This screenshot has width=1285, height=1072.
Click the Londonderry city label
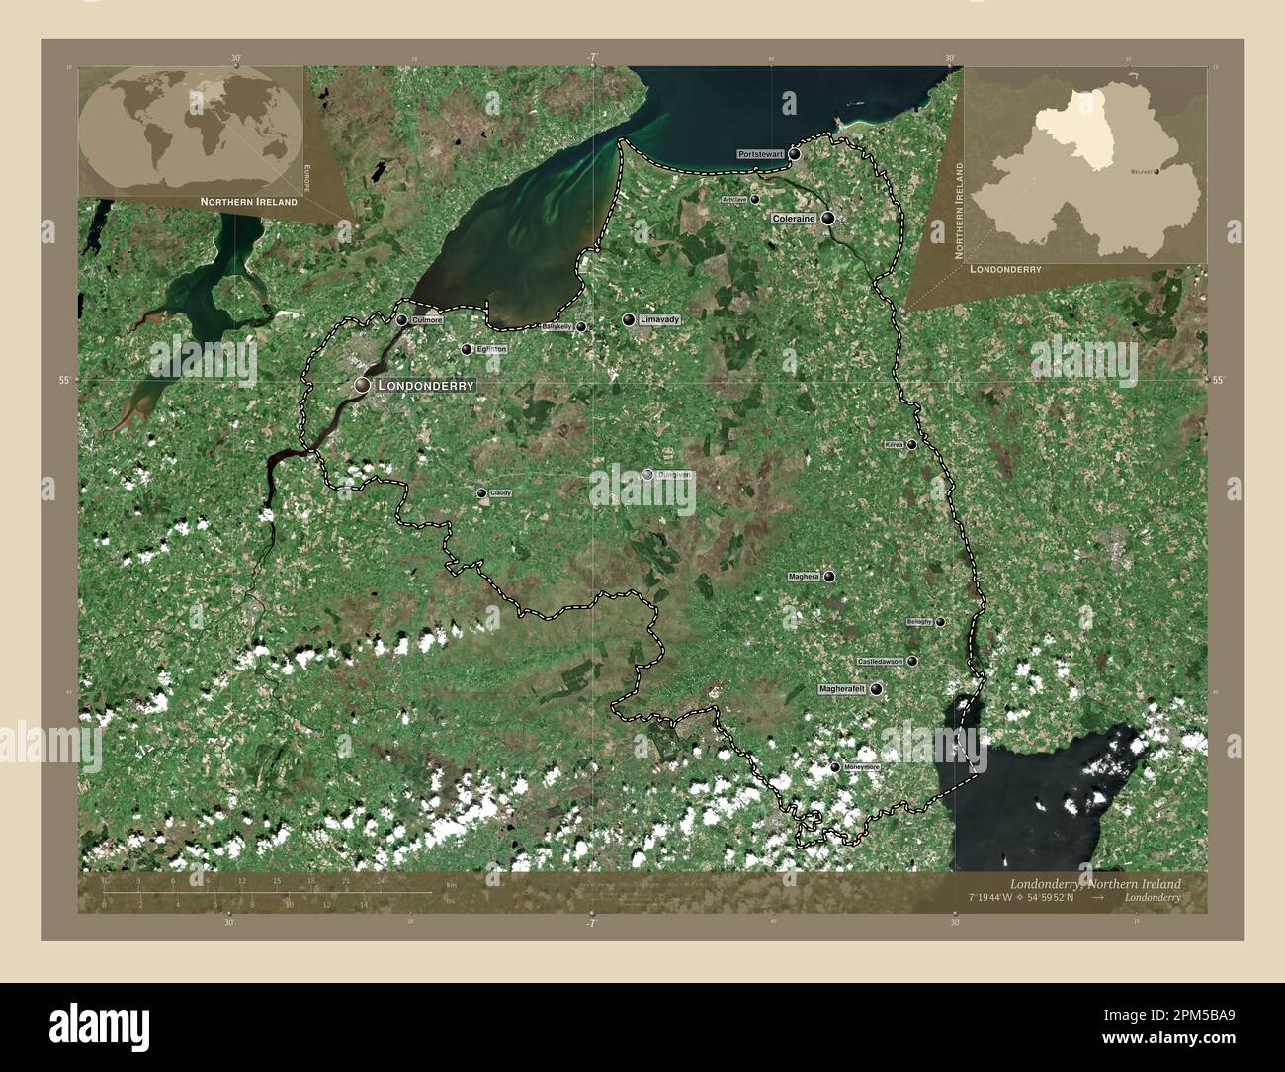click(426, 384)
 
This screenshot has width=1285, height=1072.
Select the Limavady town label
click(661, 320)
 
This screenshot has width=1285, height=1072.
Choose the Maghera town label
click(805, 576)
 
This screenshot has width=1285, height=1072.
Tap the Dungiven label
click(675, 475)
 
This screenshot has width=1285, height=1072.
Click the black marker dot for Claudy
click(481, 492)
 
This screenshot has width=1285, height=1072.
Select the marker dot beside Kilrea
click(911, 445)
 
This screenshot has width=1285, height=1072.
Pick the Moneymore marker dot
click(834, 767)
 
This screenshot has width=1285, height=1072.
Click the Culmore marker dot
click(401, 320)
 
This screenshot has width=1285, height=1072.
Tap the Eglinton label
click(491, 349)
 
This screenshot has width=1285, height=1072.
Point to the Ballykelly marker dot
click(581, 326)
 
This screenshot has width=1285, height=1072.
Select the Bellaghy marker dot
click(940, 622)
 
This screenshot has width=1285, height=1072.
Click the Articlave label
click(734, 200)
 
